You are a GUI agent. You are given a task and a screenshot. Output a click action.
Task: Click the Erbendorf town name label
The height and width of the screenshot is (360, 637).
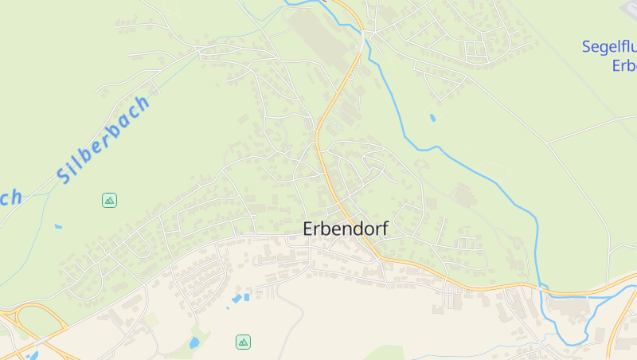coord(346,229)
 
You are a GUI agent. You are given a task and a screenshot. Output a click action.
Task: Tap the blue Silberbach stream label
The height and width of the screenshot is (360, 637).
coord(104,139)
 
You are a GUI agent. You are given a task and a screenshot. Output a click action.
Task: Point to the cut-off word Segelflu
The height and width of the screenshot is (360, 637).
coord(609,47)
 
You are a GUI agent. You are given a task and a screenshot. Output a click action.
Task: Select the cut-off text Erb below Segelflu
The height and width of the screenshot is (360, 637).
coord(624,65)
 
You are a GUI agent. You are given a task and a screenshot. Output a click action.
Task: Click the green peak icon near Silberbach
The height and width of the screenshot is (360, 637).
coord(110,200)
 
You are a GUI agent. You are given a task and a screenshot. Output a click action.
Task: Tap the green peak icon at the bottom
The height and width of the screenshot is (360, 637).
coord(244,342)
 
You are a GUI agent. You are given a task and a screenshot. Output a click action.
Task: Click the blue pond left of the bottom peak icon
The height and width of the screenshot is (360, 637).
coord(194,342)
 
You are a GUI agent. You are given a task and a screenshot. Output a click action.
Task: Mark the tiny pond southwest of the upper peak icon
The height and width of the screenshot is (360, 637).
coord(58,227)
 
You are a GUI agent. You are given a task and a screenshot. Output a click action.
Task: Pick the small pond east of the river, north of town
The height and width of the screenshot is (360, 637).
coord(432,118)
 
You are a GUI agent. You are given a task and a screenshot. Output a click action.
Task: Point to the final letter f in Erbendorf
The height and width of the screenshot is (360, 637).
coord(384,229)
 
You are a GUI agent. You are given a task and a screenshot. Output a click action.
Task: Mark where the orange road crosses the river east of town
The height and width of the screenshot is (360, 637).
coord(542,284)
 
